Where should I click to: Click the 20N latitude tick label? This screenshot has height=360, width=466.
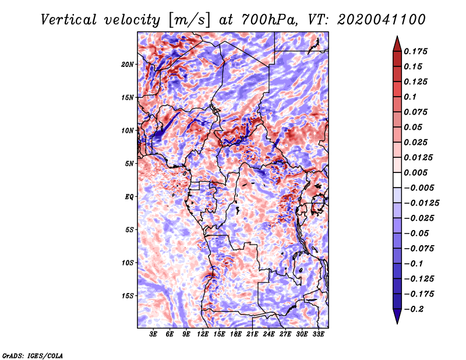(x=128, y=64)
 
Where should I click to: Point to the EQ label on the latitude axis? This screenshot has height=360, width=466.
(x=129, y=197)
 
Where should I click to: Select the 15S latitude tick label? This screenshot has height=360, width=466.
(x=128, y=296)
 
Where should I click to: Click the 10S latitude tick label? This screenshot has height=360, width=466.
(x=128, y=263)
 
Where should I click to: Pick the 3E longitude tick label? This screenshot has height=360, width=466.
(x=154, y=335)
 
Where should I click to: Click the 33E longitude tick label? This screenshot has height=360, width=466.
(x=318, y=335)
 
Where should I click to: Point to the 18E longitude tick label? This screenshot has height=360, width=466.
(x=236, y=335)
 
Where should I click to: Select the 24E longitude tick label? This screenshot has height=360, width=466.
(x=269, y=335)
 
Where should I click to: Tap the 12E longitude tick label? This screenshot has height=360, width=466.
(x=203, y=335)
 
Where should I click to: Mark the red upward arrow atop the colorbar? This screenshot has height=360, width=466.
(x=397, y=43)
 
